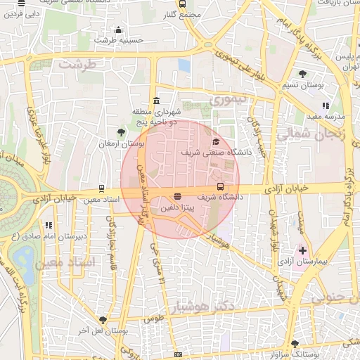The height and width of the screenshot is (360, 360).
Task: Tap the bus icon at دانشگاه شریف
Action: click(221, 187)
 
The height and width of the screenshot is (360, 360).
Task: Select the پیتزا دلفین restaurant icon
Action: click(177, 198)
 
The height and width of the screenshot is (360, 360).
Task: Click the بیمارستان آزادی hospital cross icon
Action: click(303, 250)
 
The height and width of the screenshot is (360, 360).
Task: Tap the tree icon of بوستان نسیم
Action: click(302, 74)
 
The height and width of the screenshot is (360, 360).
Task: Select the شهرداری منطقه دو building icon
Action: click(155, 101)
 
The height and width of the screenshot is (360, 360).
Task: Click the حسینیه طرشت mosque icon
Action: click(118, 30)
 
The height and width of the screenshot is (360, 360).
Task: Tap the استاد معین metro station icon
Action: click(102, 188)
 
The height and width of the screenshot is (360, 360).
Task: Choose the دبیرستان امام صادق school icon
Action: click(49, 225)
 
